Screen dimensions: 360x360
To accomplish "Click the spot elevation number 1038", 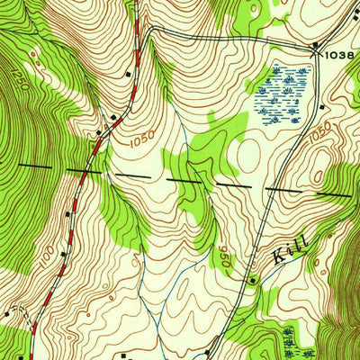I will pyautogui.click(x=340, y=55).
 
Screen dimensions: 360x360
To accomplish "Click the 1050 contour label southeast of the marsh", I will pyautogui.click(x=319, y=134).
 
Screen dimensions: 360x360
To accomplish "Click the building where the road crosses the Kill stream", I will pyautogui.click(x=253, y=280).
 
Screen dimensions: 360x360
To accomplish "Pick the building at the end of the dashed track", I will pyautogui.click(x=6, y=314).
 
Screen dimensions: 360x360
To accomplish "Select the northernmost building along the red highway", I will pyautogui.click(x=130, y=74).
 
